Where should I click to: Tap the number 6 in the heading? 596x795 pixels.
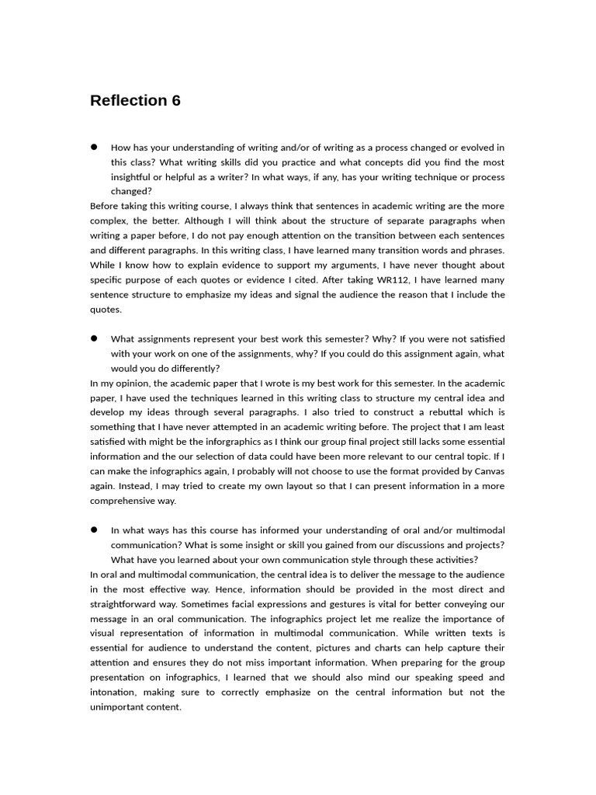click(175, 101)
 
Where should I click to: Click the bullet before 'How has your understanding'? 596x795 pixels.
click(94, 147)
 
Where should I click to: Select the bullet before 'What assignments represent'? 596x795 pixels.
click(94, 338)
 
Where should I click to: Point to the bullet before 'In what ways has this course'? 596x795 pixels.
click(94, 529)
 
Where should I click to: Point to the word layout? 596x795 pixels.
click(278, 486)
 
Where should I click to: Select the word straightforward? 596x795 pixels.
click(129, 604)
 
